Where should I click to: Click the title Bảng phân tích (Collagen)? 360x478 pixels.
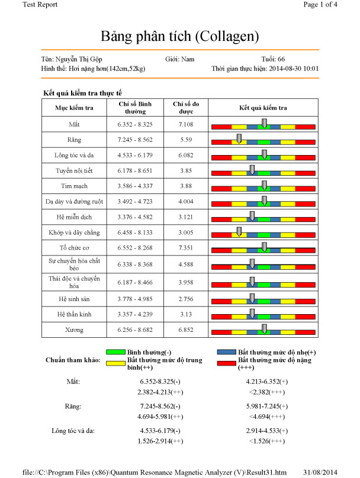180,37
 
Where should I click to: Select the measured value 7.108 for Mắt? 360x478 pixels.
186,124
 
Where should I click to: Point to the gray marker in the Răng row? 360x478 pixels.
239,138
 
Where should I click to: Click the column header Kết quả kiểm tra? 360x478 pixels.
263,108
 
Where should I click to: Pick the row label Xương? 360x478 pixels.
74,330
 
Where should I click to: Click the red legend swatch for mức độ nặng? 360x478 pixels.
226,360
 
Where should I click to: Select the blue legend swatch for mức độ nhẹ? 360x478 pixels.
226,351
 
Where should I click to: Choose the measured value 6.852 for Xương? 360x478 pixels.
186,330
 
